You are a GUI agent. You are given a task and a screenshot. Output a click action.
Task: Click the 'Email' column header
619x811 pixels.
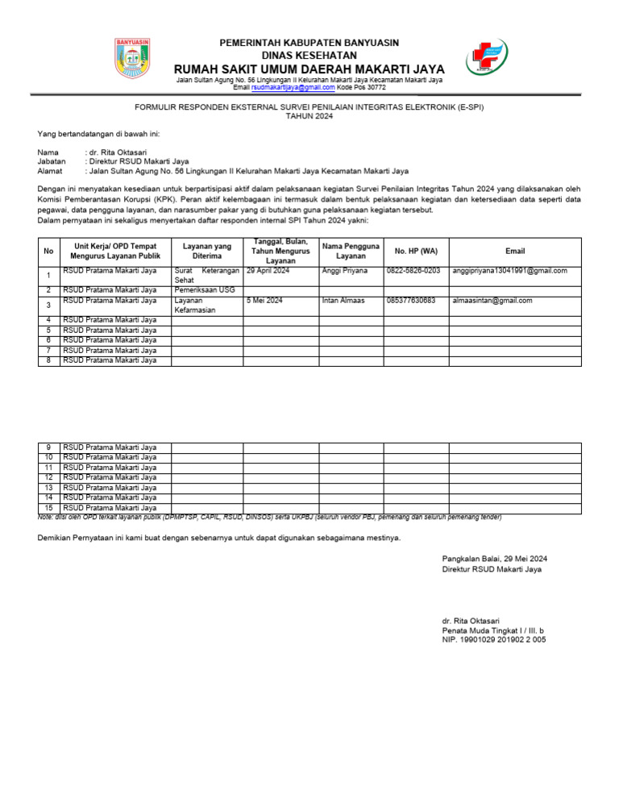(x=514, y=252)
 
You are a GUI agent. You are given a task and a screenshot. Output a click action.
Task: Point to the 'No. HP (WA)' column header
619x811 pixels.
(x=416, y=252)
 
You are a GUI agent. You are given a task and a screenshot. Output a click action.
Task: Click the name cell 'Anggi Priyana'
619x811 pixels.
(x=344, y=271)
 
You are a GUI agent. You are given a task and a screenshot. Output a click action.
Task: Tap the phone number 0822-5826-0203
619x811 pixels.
(x=413, y=271)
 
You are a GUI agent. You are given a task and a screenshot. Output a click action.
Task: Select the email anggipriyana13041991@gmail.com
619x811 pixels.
(x=510, y=271)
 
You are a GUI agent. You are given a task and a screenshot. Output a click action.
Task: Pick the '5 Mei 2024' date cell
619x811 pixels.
(x=265, y=301)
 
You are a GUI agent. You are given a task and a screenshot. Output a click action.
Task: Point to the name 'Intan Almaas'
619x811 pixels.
(x=343, y=301)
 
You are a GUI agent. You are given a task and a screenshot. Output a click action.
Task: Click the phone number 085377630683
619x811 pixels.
(x=411, y=301)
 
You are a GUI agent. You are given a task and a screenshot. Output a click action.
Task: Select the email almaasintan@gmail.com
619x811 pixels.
(x=492, y=301)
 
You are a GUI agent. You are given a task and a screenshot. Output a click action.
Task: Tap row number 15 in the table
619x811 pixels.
(x=48, y=509)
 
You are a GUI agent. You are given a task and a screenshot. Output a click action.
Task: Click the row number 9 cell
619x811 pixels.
(x=48, y=447)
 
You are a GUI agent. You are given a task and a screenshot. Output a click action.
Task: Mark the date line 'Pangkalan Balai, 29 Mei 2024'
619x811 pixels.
(x=495, y=559)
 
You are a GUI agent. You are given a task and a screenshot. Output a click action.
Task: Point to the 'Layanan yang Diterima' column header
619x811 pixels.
(x=208, y=252)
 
